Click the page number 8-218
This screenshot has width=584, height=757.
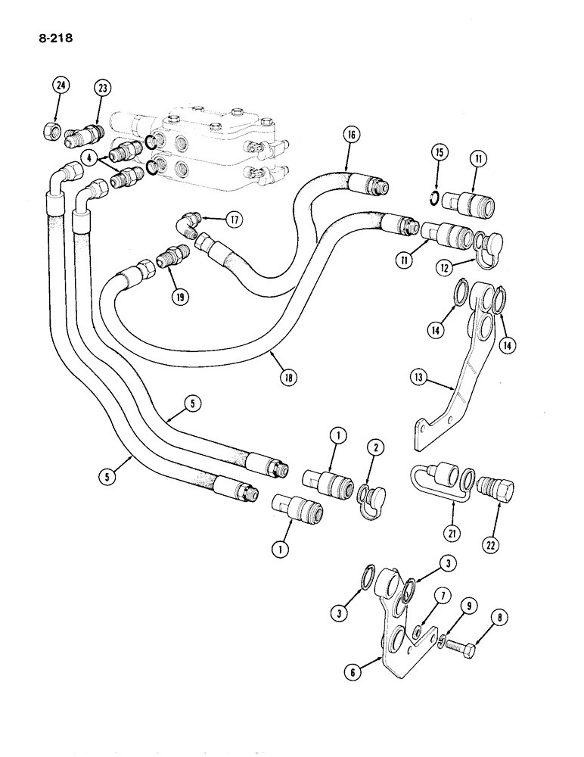(48, 33)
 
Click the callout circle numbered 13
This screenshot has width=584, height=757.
(421, 376)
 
